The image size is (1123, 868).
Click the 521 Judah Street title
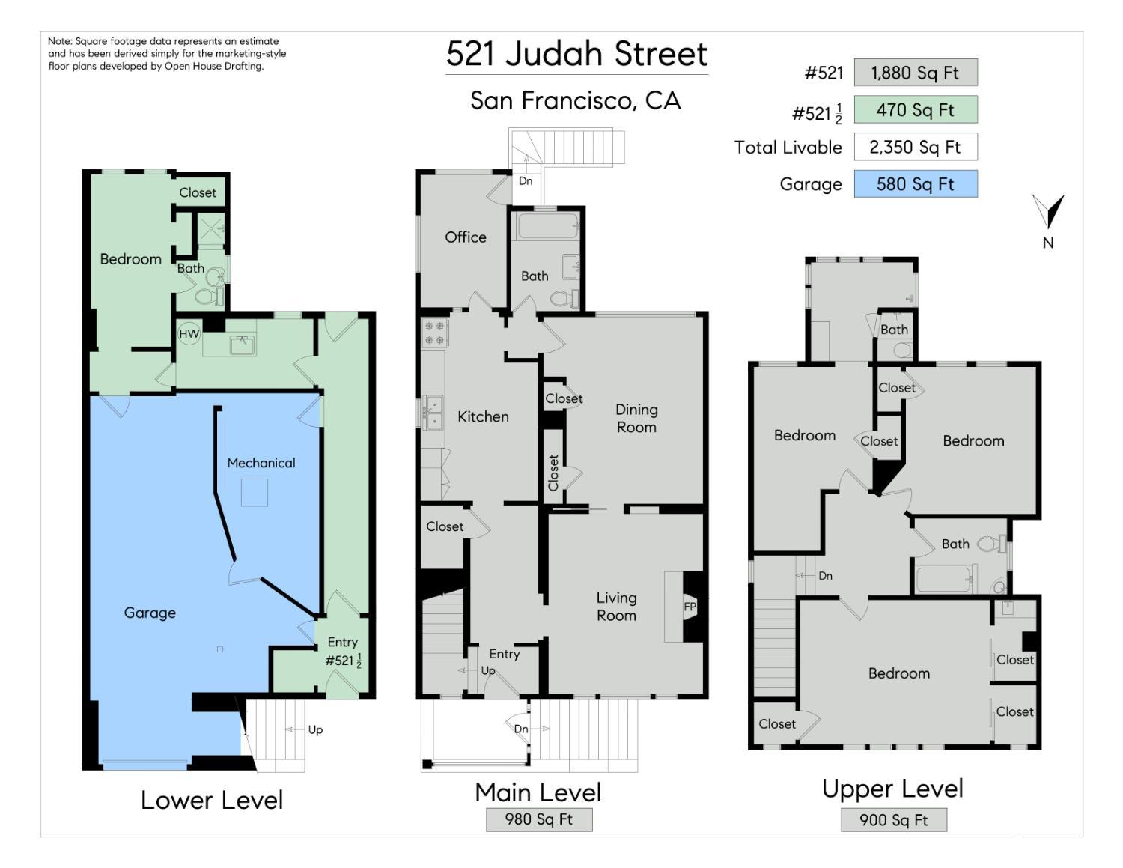click(x=576, y=54)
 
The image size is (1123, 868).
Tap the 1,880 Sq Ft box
click(x=916, y=73)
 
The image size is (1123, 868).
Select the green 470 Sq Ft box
click(x=916, y=110)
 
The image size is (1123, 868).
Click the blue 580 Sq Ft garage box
click(x=916, y=184)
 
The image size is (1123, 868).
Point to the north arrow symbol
click(x=1048, y=212)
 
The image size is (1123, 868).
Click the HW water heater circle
click(x=189, y=333)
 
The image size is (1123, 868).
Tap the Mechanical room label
click(x=261, y=463)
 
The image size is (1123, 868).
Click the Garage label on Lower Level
click(x=150, y=613)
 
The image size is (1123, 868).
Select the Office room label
click(x=465, y=237)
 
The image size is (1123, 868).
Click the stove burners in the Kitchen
click(x=434, y=333)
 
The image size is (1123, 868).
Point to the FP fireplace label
click(x=690, y=607)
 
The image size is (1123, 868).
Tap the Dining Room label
click(x=636, y=418)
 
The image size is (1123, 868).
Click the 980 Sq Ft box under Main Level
click(x=539, y=819)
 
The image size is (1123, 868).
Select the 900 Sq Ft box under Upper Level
click(x=893, y=820)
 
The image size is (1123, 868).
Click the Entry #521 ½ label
click(x=343, y=652)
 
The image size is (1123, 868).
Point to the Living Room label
click(x=616, y=607)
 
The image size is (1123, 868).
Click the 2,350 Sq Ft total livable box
click(x=916, y=147)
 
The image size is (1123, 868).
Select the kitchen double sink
click(x=433, y=413)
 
